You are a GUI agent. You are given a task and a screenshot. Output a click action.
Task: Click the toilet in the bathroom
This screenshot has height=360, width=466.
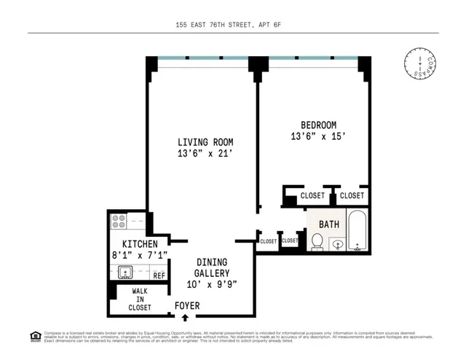tap(317, 241)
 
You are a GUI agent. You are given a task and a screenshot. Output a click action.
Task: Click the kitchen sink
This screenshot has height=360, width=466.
tap(125, 273)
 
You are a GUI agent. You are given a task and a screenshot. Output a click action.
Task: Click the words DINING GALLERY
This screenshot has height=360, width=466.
tap(212, 267)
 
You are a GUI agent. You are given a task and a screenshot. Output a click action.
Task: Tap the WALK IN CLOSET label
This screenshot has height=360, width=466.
tap(140, 299)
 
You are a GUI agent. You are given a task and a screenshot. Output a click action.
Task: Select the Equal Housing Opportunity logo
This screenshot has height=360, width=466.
tap(35, 336)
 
